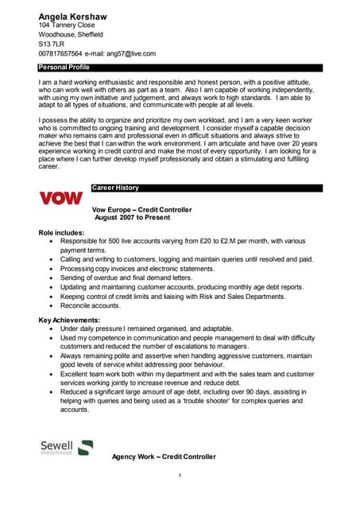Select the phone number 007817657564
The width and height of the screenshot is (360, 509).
[x=64, y=53]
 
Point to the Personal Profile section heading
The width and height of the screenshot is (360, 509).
[x=64, y=68]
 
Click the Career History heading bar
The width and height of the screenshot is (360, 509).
[x=115, y=188]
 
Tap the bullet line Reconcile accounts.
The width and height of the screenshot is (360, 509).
[x=90, y=305]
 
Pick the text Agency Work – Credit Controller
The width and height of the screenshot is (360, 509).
[x=164, y=457]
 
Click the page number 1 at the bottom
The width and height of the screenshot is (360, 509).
[x=180, y=476]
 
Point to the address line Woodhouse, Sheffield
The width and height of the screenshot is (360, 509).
[x=71, y=34]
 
